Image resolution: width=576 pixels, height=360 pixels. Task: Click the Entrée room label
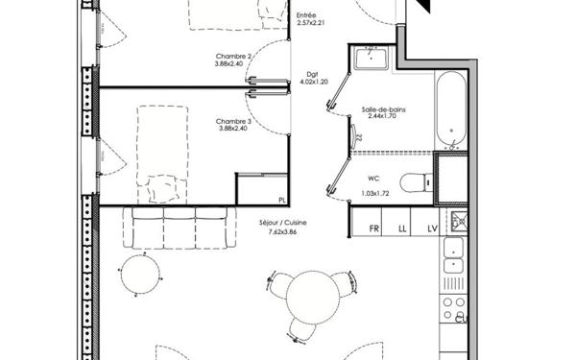point(307,14)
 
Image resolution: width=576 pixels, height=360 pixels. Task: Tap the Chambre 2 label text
point(233,57)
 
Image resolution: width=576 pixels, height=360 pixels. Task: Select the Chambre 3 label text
point(233,121)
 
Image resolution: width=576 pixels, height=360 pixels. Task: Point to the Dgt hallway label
point(312,74)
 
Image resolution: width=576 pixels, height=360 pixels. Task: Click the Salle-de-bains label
point(383,110)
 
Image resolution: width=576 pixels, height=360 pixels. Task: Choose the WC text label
point(373,179)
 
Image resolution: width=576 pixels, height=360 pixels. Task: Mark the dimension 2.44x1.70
point(382,118)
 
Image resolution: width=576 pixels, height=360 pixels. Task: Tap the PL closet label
point(281,200)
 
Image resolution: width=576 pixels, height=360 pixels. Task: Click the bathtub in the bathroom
point(448,110)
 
